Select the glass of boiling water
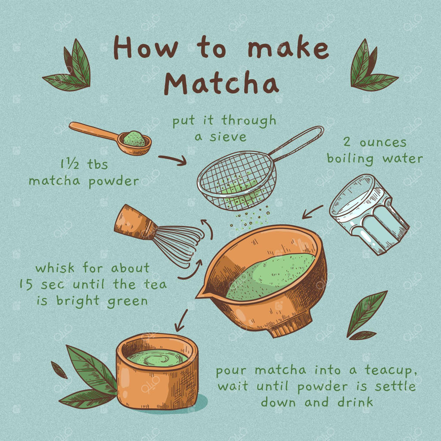pos(370,214)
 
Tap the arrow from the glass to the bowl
pos(312,212)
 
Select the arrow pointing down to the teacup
pos(181,320)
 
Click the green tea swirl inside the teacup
pos(157,358)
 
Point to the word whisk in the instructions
pos(55,267)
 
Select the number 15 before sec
pos(26,284)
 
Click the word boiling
pos(350,159)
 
